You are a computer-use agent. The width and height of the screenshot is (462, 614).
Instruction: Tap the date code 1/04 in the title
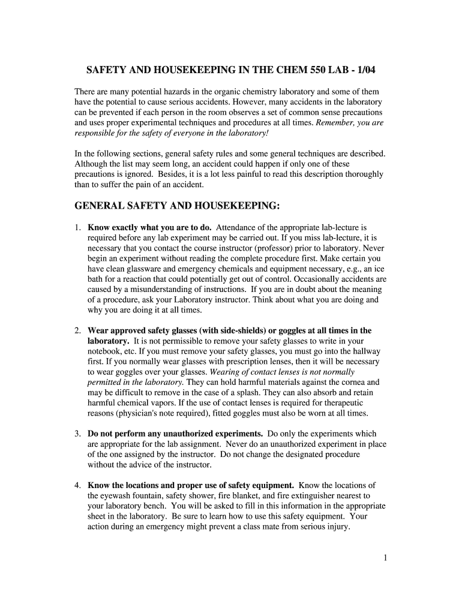[x=365, y=70]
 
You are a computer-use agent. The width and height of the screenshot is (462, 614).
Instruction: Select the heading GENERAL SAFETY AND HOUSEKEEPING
[x=177, y=206]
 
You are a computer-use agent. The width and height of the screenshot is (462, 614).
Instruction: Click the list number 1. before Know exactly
[x=78, y=228]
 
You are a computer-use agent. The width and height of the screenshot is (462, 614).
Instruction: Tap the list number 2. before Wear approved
[x=78, y=330]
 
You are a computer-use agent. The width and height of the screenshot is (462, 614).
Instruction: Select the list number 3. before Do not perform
[x=78, y=434]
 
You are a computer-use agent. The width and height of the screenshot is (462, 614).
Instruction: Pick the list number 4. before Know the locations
[x=78, y=485]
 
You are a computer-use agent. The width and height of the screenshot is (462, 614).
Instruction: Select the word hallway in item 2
[x=365, y=351]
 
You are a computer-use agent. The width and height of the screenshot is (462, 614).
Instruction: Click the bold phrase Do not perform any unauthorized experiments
[x=175, y=434]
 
